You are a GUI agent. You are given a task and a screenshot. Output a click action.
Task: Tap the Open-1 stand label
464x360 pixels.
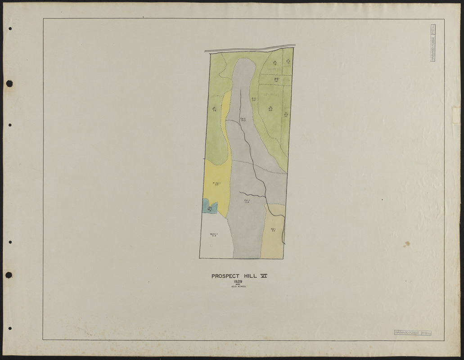click(x=214, y=234)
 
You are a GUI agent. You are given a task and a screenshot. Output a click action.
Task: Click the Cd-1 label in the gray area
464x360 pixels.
click(x=247, y=202)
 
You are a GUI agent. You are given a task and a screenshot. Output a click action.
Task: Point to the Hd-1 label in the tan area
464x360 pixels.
click(x=273, y=230)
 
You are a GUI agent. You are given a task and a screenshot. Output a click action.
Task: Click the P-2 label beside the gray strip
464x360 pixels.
click(x=254, y=99)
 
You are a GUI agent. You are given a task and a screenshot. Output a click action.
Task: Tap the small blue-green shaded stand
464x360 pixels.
click(x=209, y=208)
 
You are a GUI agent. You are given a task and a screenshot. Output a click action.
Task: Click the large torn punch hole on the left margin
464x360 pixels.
click(x=9, y=84)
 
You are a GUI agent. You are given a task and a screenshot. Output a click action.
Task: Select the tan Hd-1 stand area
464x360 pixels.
click(x=273, y=238)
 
